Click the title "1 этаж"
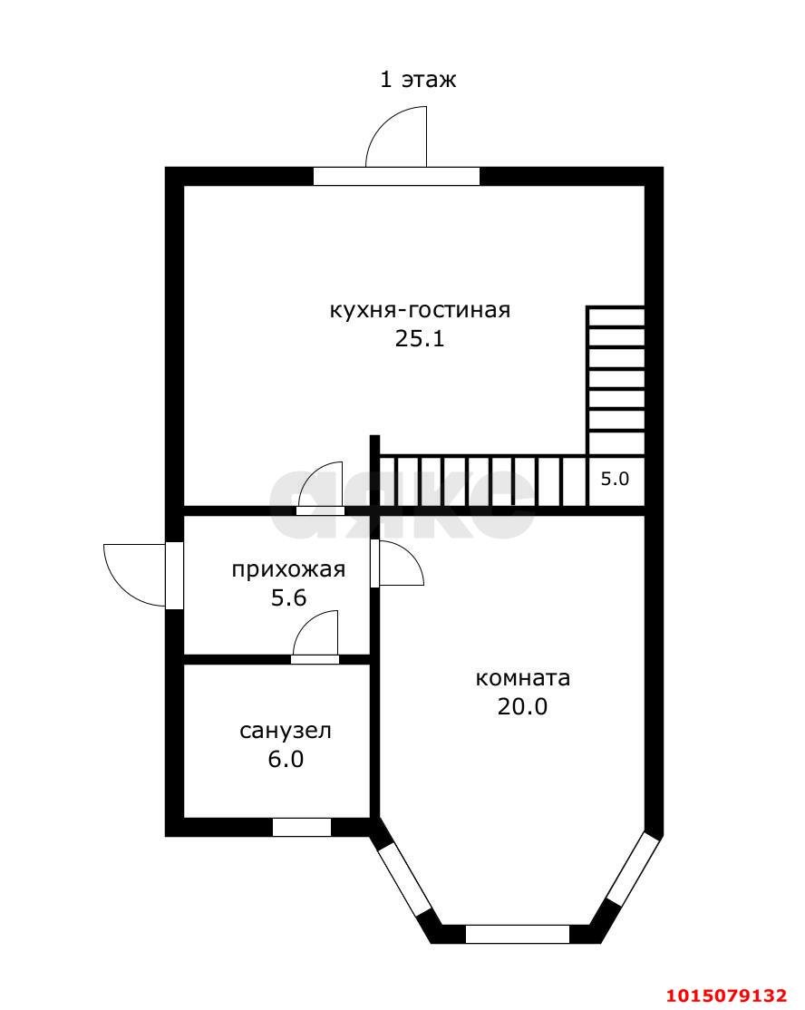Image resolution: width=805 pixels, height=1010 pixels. tap(417, 80)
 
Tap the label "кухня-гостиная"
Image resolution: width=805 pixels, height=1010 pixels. tap(420, 310)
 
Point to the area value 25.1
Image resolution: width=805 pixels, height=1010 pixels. tap(420, 339)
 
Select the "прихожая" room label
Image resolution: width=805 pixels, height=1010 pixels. tap(288, 569)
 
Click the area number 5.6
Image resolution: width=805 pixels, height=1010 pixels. tap(288, 597)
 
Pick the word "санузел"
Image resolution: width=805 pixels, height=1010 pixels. tap(285, 731)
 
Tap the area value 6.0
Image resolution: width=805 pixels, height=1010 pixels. tap(285, 759)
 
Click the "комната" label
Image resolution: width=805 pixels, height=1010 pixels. tap(522, 678)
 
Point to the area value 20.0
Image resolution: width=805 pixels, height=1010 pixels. tap(522, 706)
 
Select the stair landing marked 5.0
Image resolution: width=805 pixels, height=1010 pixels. tap(615, 480)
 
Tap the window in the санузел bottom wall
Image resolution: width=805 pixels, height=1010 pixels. tap(302, 827)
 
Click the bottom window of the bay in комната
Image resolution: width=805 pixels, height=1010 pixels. tap(518, 934)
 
